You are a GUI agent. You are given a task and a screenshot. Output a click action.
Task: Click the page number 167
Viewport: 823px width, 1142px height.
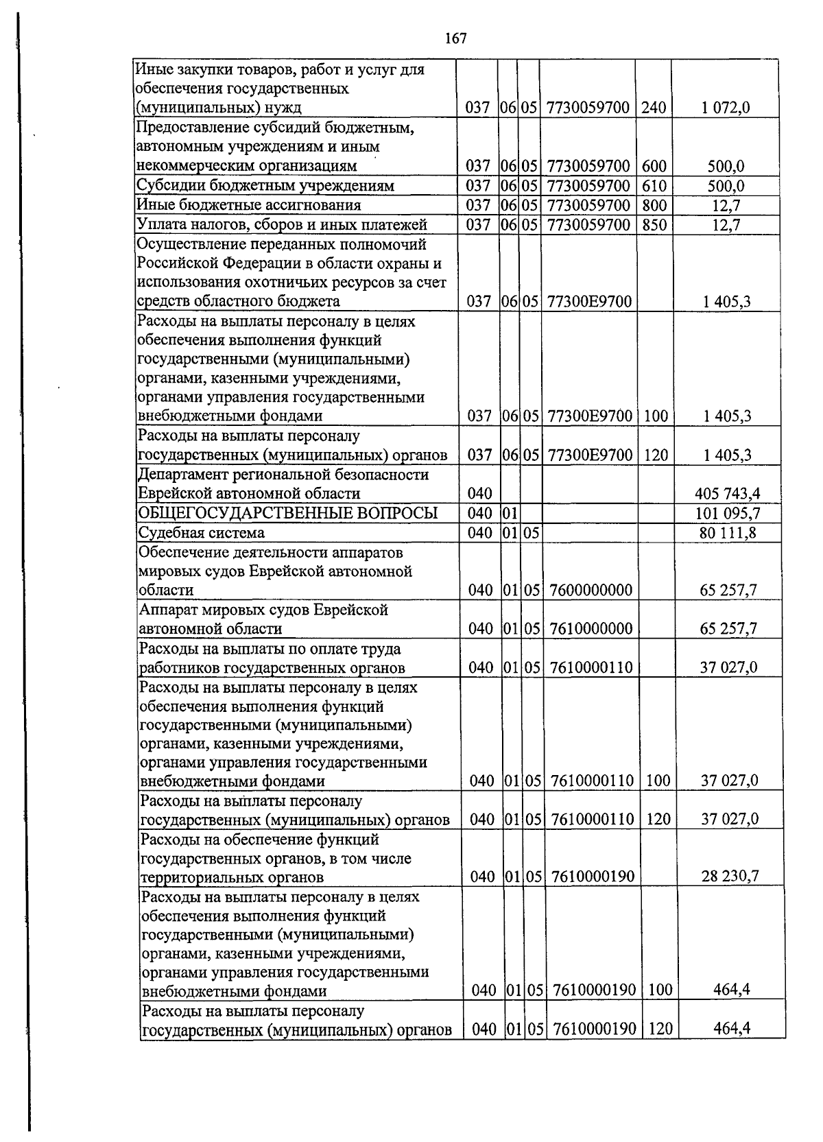pyautogui.click(x=455, y=38)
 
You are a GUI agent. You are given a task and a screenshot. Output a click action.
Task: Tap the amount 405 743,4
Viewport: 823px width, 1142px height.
pyautogui.click(x=727, y=494)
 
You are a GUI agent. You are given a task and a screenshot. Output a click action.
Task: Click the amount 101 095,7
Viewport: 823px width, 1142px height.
pyautogui.click(x=727, y=514)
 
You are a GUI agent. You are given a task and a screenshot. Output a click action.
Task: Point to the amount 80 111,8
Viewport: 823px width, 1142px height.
pyautogui.click(x=728, y=533)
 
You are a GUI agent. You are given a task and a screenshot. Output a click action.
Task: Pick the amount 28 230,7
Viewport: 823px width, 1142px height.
pyautogui.click(x=730, y=877)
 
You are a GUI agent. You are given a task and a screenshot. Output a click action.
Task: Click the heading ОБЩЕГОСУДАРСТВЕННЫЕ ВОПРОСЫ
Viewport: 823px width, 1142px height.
pyautogui.click(x=288, y=514)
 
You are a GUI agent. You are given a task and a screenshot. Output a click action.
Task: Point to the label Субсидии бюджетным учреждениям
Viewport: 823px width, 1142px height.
pyautogui.click(x=265, y=186)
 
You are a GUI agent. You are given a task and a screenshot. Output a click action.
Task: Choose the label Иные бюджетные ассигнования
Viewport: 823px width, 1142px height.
pyautogui.click(x=249, y=205)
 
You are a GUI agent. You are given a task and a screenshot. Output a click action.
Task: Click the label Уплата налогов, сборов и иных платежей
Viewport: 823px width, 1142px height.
pyautogui.click(x=282, y=224)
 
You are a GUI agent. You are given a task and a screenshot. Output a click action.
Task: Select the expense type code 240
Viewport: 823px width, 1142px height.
pyautogui.click(x=654, y=108)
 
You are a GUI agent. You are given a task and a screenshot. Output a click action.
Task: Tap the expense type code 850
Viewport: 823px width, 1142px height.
pyautogui.click(x=654, y=224)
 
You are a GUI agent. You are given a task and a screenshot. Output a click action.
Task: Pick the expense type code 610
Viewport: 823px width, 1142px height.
pyautogui.click(x=654, y=186)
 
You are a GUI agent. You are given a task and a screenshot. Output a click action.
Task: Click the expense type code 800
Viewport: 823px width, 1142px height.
pyautogui.click(x=654, y=205)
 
